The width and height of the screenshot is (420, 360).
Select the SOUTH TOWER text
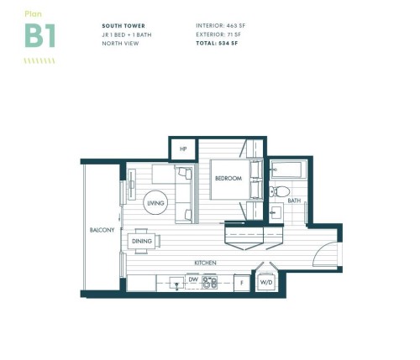pyautogui.click(x=123, y=26)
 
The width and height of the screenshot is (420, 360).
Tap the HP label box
pyautogui.click(x=184, y=149)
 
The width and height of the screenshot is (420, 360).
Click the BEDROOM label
pyautogui.click(x=228, y=179)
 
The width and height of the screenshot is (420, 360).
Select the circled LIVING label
pyautogui.click(x=155, y=204)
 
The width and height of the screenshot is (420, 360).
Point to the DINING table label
pyautogui.click(x=143, y=241)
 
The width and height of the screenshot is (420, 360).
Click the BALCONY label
pyautogui.click(x=102, y=229)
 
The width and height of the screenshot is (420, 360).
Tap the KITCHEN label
pyautogui.click(x=205, y=263)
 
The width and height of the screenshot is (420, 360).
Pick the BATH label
pyautogui.click(x=294, y=201)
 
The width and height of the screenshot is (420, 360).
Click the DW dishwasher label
pyautogui.click(x=192, y=279)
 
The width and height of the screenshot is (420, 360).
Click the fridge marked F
pyautogui.click(x=241, y=283)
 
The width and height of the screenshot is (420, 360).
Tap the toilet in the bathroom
pyautogui.click(x=275, y=192)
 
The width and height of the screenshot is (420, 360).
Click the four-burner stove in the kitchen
pyautogui.click(x=210, y=283)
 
